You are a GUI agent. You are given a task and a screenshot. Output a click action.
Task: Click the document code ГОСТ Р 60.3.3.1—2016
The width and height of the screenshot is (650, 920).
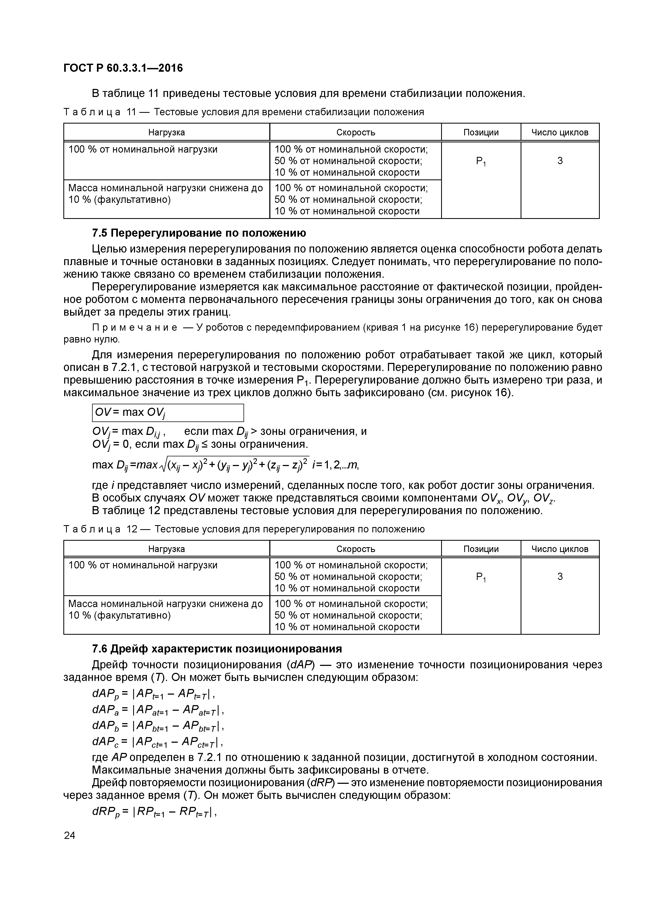123,68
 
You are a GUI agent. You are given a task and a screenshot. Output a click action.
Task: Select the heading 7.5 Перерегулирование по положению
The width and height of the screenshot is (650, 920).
199,233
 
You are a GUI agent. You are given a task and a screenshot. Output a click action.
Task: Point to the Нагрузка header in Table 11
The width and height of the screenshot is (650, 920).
167,132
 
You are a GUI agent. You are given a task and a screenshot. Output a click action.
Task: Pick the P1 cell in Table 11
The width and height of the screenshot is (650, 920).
481,161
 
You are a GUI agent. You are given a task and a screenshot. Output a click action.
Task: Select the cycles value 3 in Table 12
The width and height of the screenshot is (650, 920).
560,577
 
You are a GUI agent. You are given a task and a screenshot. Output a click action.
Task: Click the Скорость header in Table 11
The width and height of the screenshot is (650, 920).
355,132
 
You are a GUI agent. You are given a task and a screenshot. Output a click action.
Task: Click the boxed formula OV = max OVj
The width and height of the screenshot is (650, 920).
168,413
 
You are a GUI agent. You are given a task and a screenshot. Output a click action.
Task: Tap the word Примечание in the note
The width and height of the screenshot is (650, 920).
135,328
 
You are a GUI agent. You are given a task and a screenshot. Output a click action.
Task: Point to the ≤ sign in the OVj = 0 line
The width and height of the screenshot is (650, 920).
205,444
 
